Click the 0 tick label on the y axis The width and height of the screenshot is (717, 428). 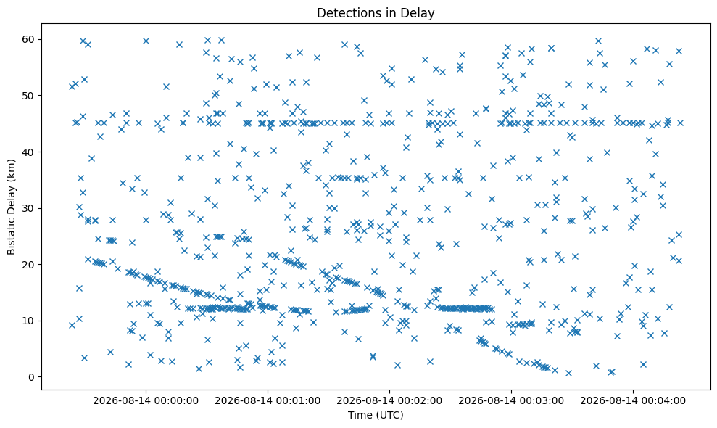click(x=32, y=377)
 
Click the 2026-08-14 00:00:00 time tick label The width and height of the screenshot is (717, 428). click(x=146, y=401)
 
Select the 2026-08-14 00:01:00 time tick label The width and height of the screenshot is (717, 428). click(x=268, y=401)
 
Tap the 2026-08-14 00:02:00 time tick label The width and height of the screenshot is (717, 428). click(x=389, y=401)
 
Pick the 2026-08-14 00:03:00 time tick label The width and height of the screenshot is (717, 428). click(x=511, y=401)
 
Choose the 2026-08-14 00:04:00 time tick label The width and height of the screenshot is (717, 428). click(x=633, y=401)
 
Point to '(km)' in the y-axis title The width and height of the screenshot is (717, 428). click(x=12, y=169)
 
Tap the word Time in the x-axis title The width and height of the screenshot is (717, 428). click(x=358, y=415)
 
